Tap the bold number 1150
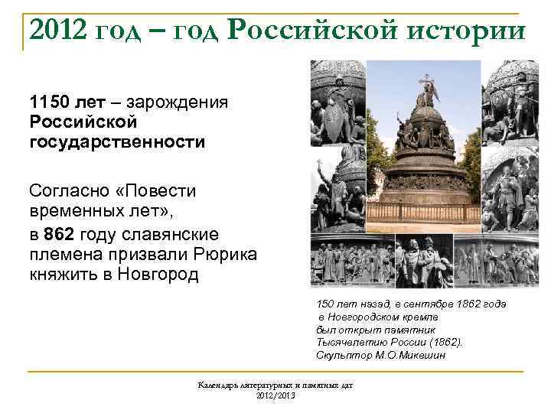[50, 102]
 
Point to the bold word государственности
[118, 141]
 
